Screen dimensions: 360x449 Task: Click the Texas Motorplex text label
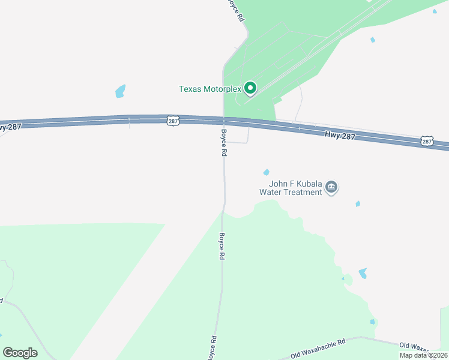coord(210,89)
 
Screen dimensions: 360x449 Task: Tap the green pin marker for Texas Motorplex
coord(250,89)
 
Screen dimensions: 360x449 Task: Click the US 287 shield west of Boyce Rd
coord(173,121)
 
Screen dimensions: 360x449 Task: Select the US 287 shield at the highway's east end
coord(426,141)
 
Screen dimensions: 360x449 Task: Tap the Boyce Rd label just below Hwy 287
coord(223,143)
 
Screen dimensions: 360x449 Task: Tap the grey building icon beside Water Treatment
coord(331,188)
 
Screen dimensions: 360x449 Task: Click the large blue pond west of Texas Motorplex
coord(121,91)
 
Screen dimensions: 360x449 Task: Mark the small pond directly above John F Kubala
coord(266,172)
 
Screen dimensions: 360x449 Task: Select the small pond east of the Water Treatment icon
coord(358,204)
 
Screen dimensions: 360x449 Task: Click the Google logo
coord(20,353)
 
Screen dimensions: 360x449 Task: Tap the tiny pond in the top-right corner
coord(435,11)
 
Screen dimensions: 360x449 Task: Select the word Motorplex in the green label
coord(222,89)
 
